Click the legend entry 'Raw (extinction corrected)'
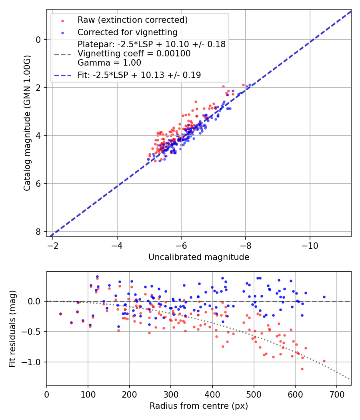coord(132,20)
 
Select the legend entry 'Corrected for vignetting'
coord(127,32)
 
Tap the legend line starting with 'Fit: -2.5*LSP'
coord(139,75)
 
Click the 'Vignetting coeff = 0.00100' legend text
coord(134,53)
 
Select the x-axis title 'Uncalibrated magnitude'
coord(199,257)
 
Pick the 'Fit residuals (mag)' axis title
coord(12,328)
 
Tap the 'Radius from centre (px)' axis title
coord(199,406)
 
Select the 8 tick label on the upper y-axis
coord(38,232)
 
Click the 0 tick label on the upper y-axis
coord(38,40)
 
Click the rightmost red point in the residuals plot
coord(324,361)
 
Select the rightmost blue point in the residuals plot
coord(324,297)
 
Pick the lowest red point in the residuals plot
coord(302,369)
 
